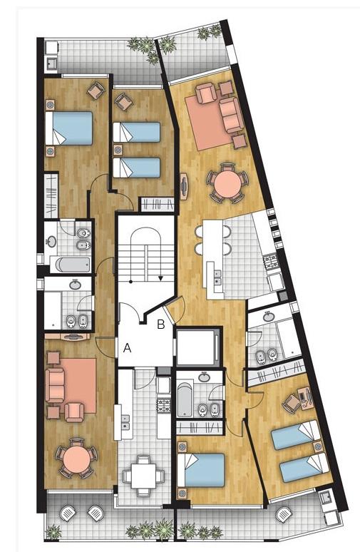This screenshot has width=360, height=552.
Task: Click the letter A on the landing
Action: pyautogui.click(x=128, y=348)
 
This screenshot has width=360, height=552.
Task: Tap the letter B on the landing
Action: pyautogui.click(x=161, y=324)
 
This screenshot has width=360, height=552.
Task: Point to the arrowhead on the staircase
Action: pyautogui.click(x=160, y=278)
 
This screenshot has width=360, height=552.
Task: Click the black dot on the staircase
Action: pyautogui.click(x=130, y=282)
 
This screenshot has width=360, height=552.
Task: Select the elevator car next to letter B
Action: pyautogui.click(x=197, y=347)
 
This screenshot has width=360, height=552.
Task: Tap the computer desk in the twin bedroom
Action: pyautogui.click(x=305, y=397)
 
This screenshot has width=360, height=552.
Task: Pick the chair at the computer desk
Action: pyautogui.click(x=292, y=403)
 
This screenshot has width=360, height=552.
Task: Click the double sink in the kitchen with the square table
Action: pyautogui.click(x=125, y=422)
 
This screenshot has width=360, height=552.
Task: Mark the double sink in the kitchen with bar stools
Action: pyautogui.click(x=218, y=277)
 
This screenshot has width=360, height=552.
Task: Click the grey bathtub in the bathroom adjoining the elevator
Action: pyautogui.click(x=184, y=399)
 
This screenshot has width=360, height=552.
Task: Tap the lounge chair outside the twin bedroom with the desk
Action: pyautogui.click(x=284, y=515)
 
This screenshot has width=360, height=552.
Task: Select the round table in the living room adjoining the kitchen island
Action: pyautogui.click(x=228, y=183)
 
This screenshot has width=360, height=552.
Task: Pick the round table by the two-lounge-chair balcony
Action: pyautogui.click(x=76, y=459)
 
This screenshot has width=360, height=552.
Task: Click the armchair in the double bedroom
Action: pyautogui.click(x=96, y=91)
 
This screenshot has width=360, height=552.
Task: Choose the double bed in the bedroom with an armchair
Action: pyautogui.click(x=69, y=128)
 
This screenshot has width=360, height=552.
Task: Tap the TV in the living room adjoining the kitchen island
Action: pyautogui.click(x=184, y=186)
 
